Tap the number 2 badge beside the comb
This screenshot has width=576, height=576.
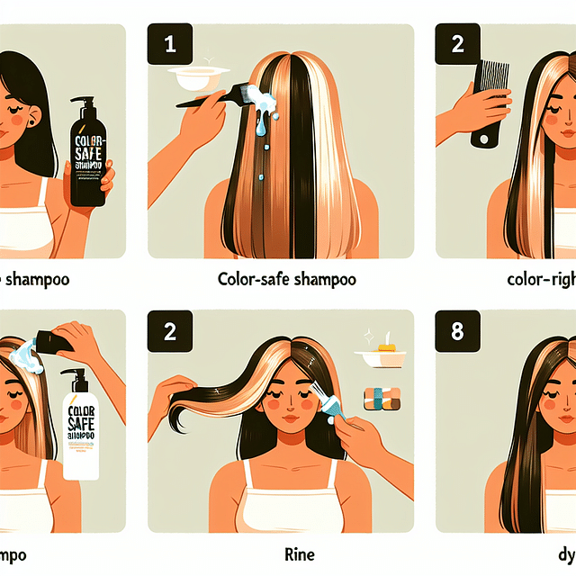pyautogui.click(x=457, y=44)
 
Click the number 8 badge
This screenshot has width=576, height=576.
pyautogui.click(x=457, y=331)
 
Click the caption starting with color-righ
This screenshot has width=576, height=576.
pyautogui.click(x=540, y=279)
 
